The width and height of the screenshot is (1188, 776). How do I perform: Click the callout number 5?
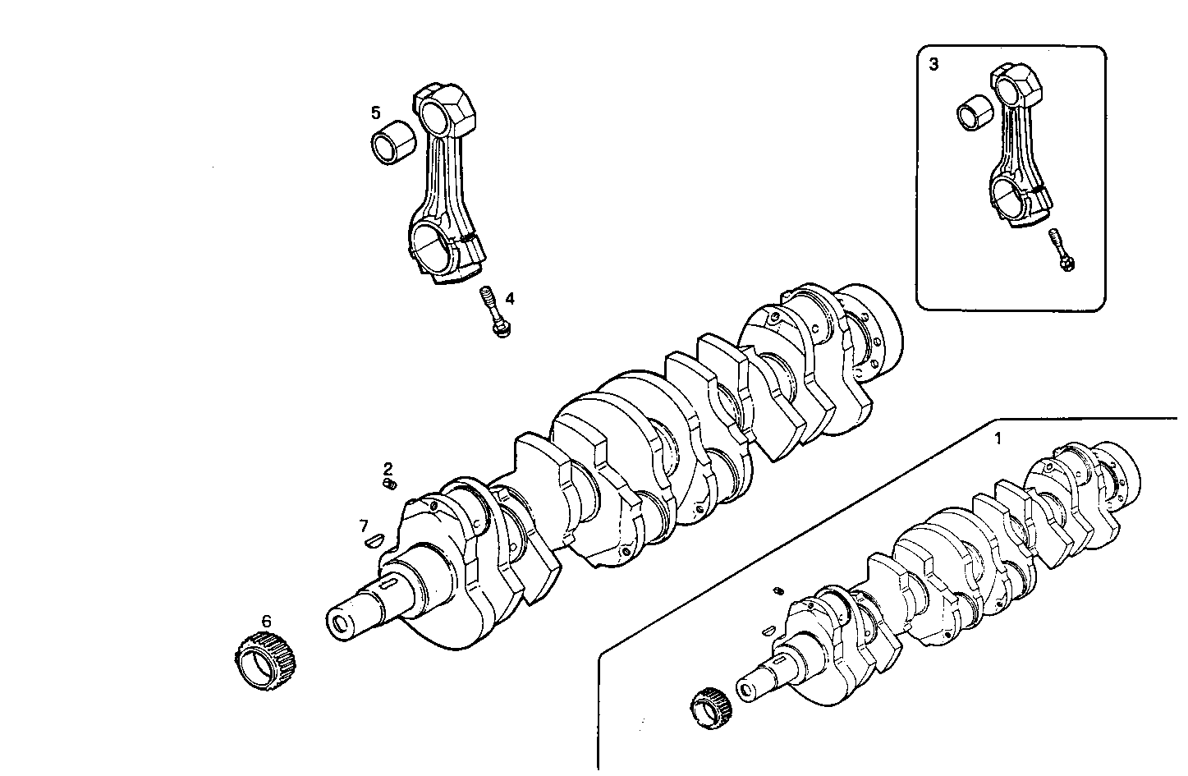375,112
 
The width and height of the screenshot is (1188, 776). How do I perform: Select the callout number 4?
510,297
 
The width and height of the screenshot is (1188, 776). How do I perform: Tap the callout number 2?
388,469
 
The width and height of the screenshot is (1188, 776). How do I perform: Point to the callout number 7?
363,525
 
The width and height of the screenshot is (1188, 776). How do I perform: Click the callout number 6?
266,622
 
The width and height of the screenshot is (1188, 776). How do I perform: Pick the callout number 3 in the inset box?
933,64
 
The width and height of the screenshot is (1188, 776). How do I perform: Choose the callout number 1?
998,439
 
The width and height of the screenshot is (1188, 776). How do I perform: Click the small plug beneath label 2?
391,485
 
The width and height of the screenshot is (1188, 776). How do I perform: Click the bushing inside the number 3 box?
975,114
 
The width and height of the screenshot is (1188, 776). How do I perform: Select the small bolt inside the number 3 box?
1062,250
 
